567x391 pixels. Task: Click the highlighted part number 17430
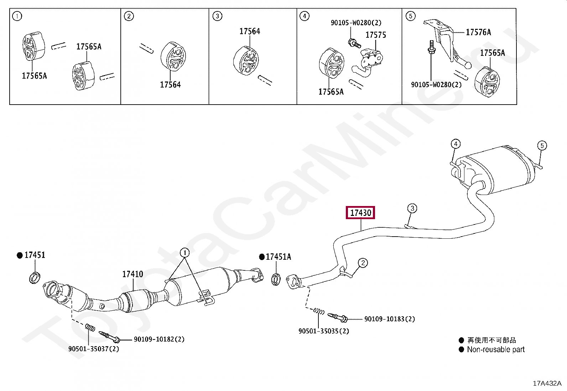360,213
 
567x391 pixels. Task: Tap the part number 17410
132,274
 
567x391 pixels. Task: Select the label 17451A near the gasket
278,257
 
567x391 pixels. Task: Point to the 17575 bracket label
376,35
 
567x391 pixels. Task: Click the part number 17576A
478,32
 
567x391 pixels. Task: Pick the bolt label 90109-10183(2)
390,319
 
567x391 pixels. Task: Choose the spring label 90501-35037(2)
94,349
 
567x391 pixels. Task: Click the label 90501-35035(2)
324,331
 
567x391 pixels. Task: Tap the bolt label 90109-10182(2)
159,339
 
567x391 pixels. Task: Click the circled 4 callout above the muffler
456,144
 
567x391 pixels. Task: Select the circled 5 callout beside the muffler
542,146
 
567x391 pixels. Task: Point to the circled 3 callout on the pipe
412,208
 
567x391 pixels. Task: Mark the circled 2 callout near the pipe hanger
363,263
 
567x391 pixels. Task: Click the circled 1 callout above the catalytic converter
185,253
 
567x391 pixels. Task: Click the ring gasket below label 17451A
276,279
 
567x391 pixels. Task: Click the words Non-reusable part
496,350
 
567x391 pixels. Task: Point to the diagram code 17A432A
547,383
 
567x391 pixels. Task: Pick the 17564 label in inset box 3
250,31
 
